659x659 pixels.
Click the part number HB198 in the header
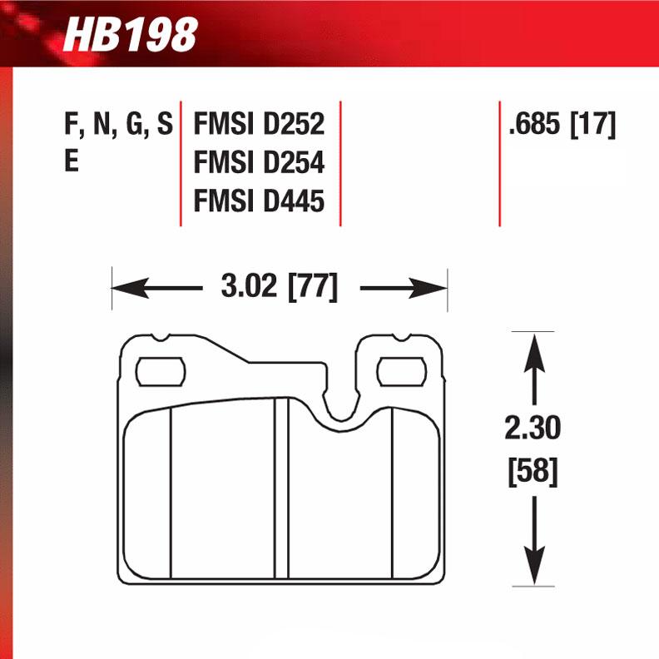tap(131, 35)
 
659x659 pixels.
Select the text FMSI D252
tap(259, 126)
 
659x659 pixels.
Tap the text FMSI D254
tap(259, 163)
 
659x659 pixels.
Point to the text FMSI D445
tap(259, 201)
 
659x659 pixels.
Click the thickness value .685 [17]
tap(562, 126)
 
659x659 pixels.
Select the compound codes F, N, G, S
tap(118, 126)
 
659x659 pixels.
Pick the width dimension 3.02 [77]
tap(280, 288)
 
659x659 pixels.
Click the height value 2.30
tap(533, 429)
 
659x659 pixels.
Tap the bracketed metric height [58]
tap(533, 473)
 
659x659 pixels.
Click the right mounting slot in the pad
tap(404, 371)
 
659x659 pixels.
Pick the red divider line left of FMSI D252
tap(181, 163)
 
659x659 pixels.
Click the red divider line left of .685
tap(499, 163)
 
